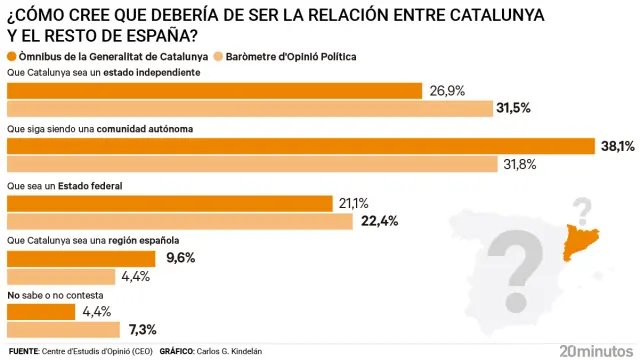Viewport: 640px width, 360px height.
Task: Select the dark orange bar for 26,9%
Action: point(215,91)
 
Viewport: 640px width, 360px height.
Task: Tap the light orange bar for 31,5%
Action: point(250,108)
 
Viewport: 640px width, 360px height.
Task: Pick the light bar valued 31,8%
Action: point(252,164)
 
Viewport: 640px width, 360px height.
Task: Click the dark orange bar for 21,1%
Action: point(170,203)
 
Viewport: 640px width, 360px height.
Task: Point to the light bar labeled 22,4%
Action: point(180,221)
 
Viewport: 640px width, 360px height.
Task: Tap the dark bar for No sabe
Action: point(40,312)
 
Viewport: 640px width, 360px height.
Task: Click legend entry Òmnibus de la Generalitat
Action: point(112,57)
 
